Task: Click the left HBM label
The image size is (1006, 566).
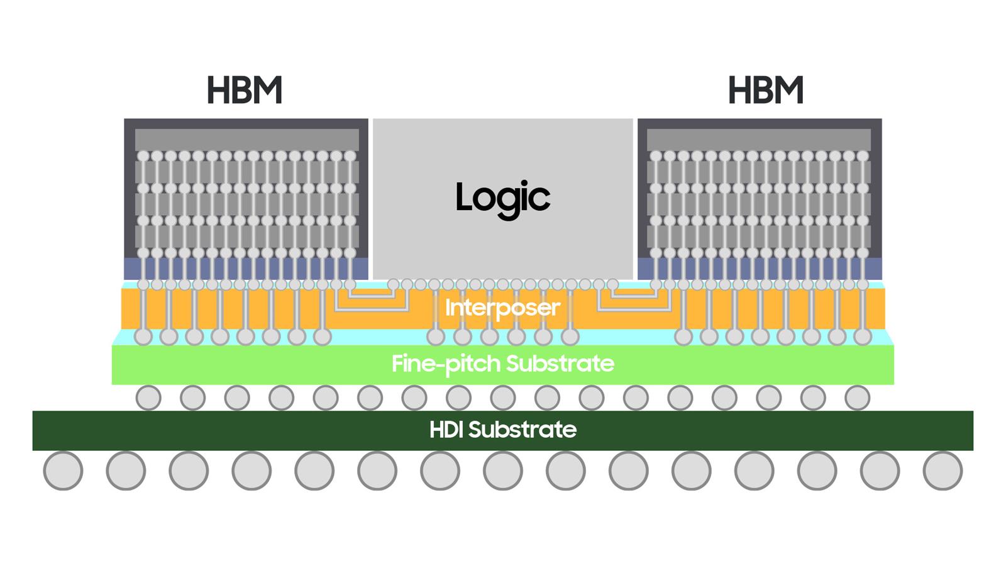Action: (244, 91)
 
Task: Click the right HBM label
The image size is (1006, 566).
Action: (765, 91)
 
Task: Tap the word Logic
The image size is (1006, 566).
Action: (502, 197)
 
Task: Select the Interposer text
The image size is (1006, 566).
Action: (502, 308)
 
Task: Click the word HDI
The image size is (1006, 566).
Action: (446, 430)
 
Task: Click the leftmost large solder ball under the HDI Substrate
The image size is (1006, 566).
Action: (63, 470)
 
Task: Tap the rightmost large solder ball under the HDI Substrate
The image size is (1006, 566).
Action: (943, 470)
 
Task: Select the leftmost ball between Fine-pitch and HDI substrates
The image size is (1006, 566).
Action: (148, 397)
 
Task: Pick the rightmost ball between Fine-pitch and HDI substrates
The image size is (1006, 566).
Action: (858, 397)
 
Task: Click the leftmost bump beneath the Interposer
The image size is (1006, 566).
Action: (143, 336)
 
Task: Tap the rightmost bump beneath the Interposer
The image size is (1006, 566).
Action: (863, 336)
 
